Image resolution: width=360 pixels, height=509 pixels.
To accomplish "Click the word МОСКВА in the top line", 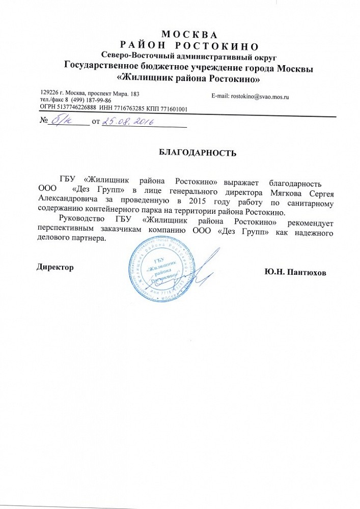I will coord(188,36).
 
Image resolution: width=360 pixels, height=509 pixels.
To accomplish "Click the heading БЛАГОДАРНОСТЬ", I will coord(195,152).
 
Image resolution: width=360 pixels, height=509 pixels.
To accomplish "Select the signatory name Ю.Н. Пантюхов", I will coord(295,272).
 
